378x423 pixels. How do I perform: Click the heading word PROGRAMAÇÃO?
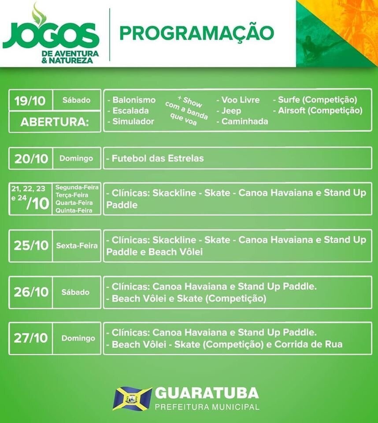pos(196,33)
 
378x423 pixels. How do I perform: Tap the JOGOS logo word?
pos(51,36)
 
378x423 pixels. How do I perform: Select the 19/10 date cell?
pos(30,100)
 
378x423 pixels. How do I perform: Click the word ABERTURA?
pos(55,122)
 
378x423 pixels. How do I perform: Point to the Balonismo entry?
pos(132,100)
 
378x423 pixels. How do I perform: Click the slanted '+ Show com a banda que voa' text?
pos(187,111)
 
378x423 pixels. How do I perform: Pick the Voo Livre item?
pos(238,100)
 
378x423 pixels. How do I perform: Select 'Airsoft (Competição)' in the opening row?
pos(318,110)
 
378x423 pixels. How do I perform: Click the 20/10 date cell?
pos(31,159)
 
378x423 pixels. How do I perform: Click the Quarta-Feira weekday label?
pos(74,203)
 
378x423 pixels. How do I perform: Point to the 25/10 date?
pos(31,245)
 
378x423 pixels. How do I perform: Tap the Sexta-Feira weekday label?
pos(77,245)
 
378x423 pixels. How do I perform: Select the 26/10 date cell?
pos(31,292)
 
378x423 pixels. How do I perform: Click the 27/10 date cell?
pos(31,338)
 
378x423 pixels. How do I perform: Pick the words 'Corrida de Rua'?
pos(308,344)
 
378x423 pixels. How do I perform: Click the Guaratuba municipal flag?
pos(132,399)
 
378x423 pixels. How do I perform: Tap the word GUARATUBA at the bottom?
pos(207,393)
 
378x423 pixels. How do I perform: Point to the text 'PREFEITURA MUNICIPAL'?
pos(207,407)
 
